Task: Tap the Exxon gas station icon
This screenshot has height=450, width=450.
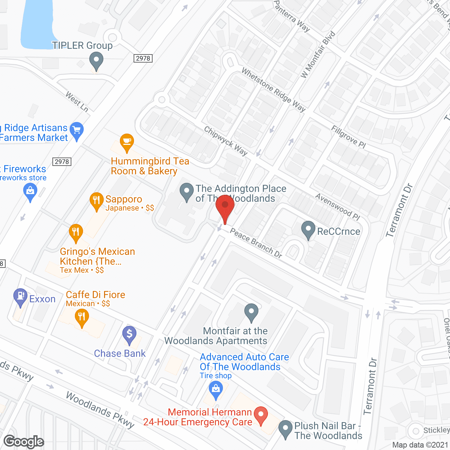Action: point(20,296)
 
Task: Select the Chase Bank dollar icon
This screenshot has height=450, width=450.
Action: point(129,334)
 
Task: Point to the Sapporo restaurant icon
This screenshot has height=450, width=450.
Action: point(96,200)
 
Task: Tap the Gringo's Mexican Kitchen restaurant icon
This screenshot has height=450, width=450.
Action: point(76,232)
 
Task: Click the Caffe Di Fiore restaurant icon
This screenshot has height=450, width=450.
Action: point(82,317)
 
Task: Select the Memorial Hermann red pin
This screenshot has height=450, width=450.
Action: point(261,414)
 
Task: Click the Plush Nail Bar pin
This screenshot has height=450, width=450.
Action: point(285,428)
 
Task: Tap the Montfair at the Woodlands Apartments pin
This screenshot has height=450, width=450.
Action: point(251,311)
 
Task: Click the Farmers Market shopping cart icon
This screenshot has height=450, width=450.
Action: point(77,130)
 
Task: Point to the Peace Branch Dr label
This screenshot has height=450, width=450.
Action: point(256,243)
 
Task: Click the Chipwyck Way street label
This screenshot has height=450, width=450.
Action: point(226,141)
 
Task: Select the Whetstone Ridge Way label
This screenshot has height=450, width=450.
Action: point(274,90)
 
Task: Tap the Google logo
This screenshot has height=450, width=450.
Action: point(24,442)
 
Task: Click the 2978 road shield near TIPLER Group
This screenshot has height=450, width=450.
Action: point(143,58)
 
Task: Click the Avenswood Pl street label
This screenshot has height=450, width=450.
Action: point(337,207)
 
